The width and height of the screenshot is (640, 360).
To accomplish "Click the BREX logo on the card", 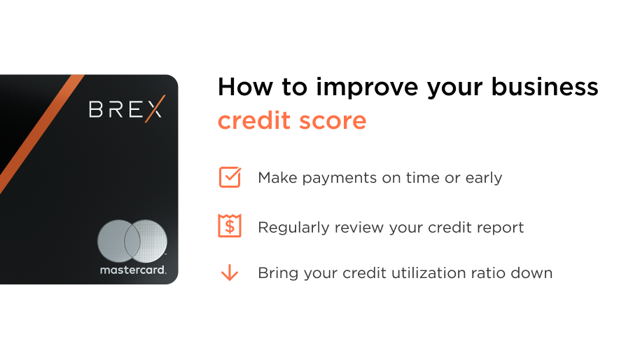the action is (127, 109).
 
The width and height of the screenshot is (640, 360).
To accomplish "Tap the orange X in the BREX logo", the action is (155, 109).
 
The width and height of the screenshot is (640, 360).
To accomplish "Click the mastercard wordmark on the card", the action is (133, 270).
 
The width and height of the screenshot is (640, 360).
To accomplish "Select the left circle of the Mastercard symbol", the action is (119, 241).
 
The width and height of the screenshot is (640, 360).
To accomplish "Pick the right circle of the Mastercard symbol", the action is (146, 241).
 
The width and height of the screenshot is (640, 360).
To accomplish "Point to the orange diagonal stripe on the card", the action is (41, 134).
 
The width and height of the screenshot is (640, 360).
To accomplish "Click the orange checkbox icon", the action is (230, 177).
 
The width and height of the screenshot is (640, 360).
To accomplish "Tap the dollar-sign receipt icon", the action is (230, 226).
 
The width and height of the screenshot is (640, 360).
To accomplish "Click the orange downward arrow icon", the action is (230, 272).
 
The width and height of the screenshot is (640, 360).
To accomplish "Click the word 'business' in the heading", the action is (545, 87).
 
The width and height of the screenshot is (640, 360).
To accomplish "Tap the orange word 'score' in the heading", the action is (333, 121).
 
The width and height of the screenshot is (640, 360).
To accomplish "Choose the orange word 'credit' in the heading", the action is (254, 120).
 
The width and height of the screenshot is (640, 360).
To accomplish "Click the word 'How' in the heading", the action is (245, 87).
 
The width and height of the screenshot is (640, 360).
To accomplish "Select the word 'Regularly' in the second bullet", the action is (293, 228).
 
